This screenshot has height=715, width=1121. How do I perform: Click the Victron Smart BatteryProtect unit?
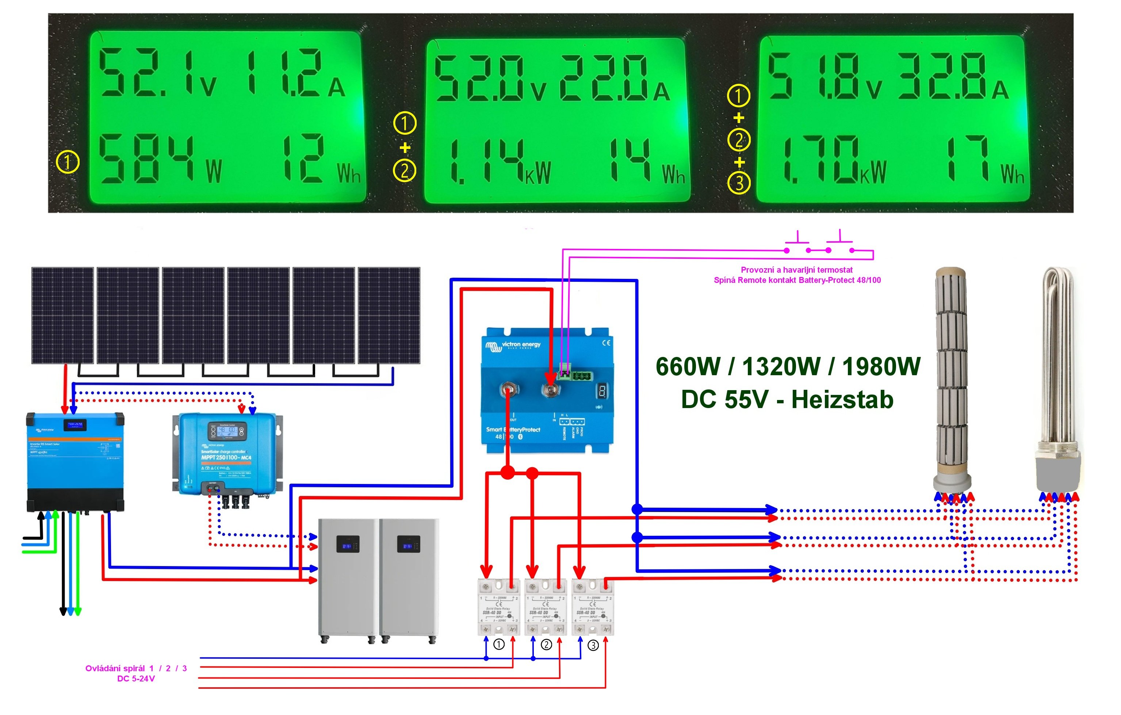click(x=547, y=391)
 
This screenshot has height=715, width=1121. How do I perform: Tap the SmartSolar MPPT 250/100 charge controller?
click(x=227, y=454)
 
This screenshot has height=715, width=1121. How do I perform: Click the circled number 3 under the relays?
click(x=593, y=645)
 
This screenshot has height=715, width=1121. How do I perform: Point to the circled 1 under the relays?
click(x=499, y=644)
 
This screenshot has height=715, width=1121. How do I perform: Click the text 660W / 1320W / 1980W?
click(x=788, y=366)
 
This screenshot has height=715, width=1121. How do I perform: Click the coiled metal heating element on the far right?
click(x=1058, y=381)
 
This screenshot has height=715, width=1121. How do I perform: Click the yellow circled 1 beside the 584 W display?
click(x=68, y=162)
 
